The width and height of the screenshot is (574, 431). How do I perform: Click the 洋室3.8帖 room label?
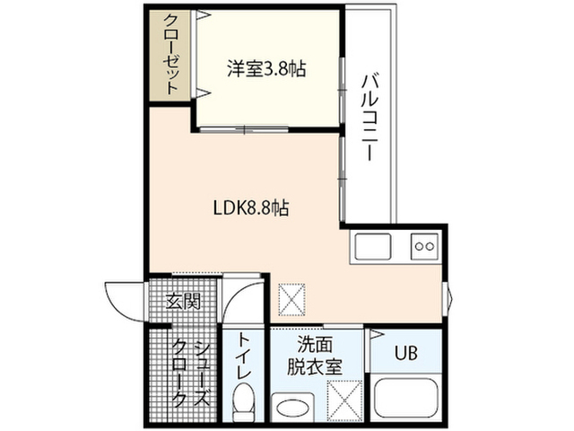pos(266,69)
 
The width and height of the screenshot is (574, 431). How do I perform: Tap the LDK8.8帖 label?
pos(251,208)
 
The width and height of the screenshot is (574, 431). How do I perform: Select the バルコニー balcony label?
pos(370,118)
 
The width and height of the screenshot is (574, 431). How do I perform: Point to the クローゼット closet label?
pos(171,54)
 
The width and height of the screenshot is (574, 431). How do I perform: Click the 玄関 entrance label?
pos(183,302)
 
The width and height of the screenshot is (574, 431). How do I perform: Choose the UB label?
pos(406,353)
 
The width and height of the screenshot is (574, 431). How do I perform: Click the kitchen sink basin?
pos(373,246)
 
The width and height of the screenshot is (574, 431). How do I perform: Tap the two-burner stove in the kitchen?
pos(424,246)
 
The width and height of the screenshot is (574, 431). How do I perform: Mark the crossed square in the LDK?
pos(292,299)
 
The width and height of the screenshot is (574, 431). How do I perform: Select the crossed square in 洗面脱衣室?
pos(344,400)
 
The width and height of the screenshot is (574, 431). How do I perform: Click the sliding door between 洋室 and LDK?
pos(244,129)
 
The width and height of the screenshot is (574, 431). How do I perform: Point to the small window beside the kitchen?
pos(448,298)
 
